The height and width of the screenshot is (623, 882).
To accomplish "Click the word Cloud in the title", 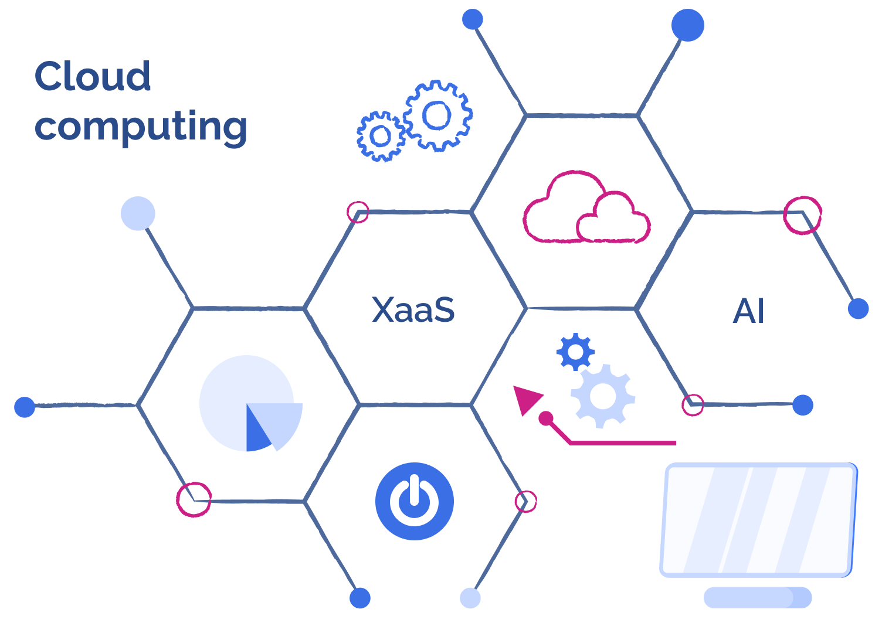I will point(93,76).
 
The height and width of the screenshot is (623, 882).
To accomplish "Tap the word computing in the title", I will point(141,127).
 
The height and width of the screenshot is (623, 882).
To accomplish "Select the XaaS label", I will point(413,310).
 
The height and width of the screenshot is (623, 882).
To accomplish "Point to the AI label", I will point(749,311).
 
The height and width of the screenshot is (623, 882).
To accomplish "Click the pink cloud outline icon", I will point(586,211).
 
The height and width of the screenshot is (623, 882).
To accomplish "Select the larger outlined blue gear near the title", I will point(437,115).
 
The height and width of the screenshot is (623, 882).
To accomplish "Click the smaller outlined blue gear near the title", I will point(381,136).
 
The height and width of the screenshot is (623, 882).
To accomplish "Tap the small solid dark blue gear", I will point(575,352).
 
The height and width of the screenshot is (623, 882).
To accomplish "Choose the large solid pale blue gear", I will point(603,397).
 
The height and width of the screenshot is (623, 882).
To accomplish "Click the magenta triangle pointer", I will point(525,399).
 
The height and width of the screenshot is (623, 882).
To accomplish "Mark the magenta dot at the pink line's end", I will point(546,418).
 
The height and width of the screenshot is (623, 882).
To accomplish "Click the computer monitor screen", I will point(758,519).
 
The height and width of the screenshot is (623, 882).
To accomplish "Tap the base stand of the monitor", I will point(757,597).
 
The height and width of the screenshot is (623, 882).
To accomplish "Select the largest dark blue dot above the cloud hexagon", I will point(687,25).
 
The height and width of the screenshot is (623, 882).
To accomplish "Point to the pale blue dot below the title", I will point(138,213).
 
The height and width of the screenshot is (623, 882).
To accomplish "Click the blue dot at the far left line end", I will point(25,406).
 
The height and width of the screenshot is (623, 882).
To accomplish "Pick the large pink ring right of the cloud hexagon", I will point(802,215).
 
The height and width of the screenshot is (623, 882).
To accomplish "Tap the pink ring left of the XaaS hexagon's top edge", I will point(358,212).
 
